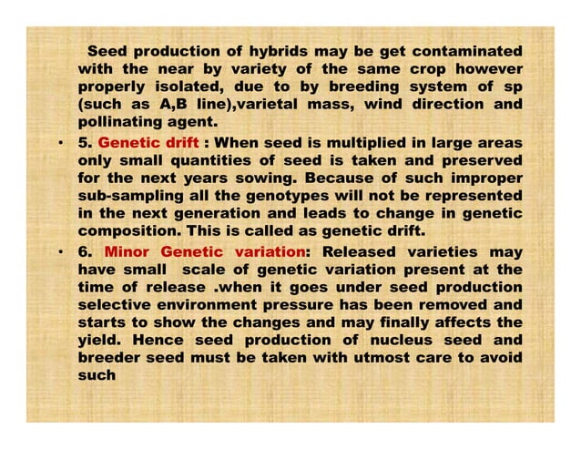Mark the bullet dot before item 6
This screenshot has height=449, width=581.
59,250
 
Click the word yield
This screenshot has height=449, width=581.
101,339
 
